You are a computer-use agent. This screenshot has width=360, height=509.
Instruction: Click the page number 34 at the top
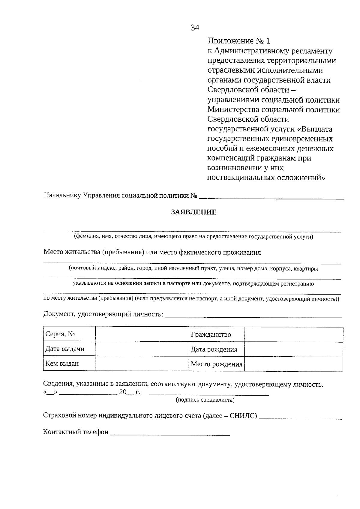point(195,28)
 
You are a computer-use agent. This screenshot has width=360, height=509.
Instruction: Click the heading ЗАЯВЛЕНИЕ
point(193,212)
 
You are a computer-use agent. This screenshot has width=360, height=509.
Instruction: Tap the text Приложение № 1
point(239,41)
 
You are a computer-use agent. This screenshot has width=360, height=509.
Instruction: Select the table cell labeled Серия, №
point(69,334)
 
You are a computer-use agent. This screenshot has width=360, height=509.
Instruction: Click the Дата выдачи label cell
point(69,349)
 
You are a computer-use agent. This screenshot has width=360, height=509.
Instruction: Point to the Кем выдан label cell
point(69,364)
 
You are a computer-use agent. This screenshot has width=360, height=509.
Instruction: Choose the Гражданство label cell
point(217,334)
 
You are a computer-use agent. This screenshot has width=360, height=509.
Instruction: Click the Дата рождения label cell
point(217,349)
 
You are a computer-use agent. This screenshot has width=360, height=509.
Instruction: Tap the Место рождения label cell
point(217,364)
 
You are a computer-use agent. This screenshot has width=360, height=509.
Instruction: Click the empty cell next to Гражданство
point(294,334)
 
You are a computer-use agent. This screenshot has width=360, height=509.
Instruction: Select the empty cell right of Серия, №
point(142,334)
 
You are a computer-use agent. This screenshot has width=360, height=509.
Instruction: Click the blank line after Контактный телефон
point(170,434)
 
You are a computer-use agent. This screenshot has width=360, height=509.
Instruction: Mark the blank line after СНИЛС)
point(300,418)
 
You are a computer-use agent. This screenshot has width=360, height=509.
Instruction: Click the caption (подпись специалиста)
point(205,400)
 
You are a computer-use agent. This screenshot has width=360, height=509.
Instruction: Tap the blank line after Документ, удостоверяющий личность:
point(254,316)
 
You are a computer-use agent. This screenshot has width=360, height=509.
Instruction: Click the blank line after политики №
point(271,197)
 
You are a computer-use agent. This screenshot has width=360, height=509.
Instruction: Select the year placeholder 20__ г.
point(129,392)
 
